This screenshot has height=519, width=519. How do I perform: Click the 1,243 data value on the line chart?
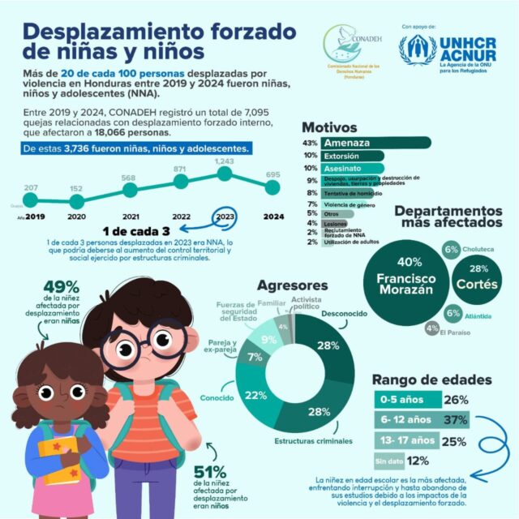[x=225, y=161]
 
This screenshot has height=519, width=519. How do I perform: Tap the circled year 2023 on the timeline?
[x=225, y=217]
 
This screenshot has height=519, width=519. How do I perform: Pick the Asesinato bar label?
[x=345, y=167]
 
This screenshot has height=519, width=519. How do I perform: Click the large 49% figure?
[x=61, y=288]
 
